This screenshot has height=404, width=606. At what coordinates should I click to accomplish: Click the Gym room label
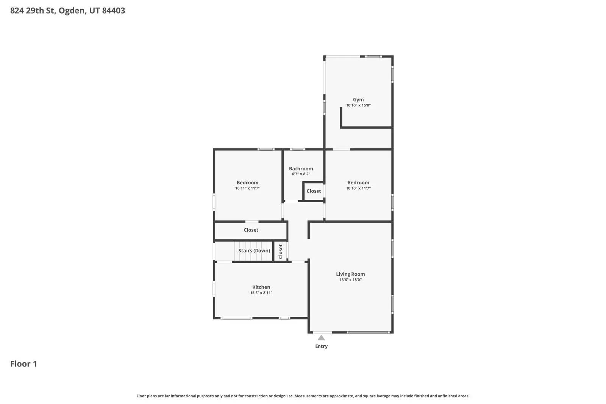point(358,100)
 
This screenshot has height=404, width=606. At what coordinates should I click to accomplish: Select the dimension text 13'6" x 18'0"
point(350,280)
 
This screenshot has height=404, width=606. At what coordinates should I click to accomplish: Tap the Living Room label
point(350,274)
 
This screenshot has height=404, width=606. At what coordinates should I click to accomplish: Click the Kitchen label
point(261,287)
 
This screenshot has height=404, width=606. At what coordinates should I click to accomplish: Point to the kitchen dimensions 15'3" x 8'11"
point(261,293)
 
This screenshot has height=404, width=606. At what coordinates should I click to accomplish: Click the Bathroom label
point(301,168)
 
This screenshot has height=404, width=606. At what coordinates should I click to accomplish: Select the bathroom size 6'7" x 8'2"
point(301,174)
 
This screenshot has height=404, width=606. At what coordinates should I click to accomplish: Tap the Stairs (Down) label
point(254,251)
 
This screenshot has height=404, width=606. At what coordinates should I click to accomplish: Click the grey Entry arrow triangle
point(321,338)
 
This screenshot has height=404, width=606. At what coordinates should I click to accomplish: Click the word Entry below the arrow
point(321,346)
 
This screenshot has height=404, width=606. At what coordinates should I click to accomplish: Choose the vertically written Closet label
point(281,251)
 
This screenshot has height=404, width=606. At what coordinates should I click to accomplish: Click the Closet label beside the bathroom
point(314,191)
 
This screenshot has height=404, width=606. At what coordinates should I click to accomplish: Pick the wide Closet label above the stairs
point(251,230)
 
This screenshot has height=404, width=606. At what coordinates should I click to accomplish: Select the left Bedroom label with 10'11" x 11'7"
point(247,183)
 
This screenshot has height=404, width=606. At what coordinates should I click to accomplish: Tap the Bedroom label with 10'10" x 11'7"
point(358,183)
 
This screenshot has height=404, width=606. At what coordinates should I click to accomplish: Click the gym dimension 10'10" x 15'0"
point(358,105)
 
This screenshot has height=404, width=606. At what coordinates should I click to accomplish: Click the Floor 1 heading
point(23,364)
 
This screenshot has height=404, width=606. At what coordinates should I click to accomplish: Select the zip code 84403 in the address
point(113,11)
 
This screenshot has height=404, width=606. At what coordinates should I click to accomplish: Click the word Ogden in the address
point(72,11)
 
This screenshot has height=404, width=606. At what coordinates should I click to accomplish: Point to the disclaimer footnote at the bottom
point(303,396)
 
